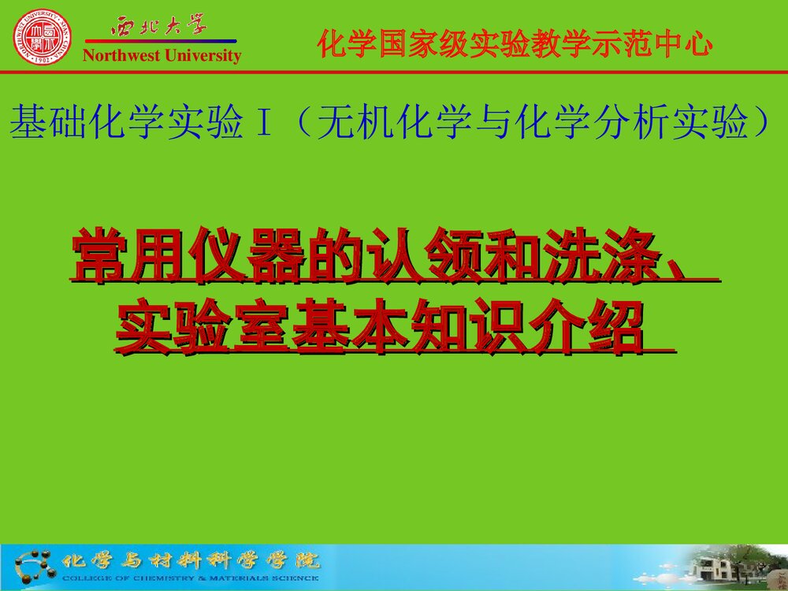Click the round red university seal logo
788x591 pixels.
pyautogui.click(x=42, y=38)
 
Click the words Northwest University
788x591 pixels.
pyautogui.click(x=162, y=55)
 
